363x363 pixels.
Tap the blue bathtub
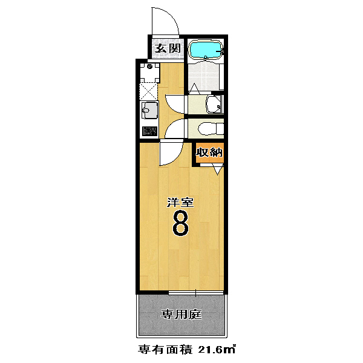click(206, 50)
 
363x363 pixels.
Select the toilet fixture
click(211, 128)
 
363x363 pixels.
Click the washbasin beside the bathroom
click(214, 105)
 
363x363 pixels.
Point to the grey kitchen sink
click(149, 111)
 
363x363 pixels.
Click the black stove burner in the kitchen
click(149, 131)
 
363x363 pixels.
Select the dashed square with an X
click(148, 92)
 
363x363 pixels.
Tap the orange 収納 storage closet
click(209, 152)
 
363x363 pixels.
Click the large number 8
click(180, 223)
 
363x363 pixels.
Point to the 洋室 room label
click(180, 202)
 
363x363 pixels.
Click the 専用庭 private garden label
click(181, 315)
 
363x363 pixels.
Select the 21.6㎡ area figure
click(217, 349)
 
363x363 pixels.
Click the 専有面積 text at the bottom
click(165, 350)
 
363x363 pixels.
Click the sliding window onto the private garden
click(196, 293)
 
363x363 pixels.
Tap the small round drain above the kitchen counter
click(149, 67)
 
